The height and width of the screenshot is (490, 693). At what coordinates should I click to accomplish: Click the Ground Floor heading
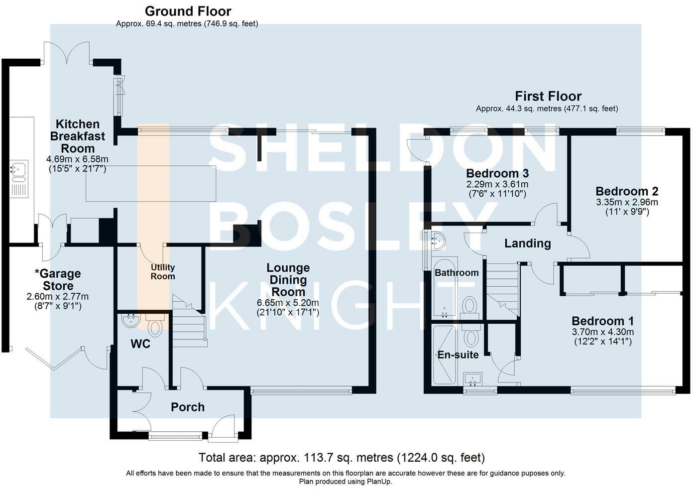pos(188,11)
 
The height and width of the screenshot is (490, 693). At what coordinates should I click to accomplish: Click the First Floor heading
pos(548,96)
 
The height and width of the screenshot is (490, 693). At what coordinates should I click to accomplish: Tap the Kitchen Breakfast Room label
pos(77,136)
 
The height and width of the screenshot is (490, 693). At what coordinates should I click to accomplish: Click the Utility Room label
pos(163,272)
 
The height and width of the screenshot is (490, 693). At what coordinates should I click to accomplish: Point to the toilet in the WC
pos(156,327)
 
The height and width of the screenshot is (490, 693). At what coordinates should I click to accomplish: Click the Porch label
pos(187,407)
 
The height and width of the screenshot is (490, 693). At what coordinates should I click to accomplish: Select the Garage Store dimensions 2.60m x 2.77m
pos(57,297)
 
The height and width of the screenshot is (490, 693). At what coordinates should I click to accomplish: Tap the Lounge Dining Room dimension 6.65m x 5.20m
pos(288,303)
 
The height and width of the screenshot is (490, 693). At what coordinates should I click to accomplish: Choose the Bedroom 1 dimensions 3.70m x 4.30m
pos(602,332)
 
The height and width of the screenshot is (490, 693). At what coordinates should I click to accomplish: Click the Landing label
pos(527,244)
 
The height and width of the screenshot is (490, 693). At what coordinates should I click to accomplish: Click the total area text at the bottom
pos(342,457)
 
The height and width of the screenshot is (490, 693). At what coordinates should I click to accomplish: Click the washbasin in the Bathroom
pos(439,241)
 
